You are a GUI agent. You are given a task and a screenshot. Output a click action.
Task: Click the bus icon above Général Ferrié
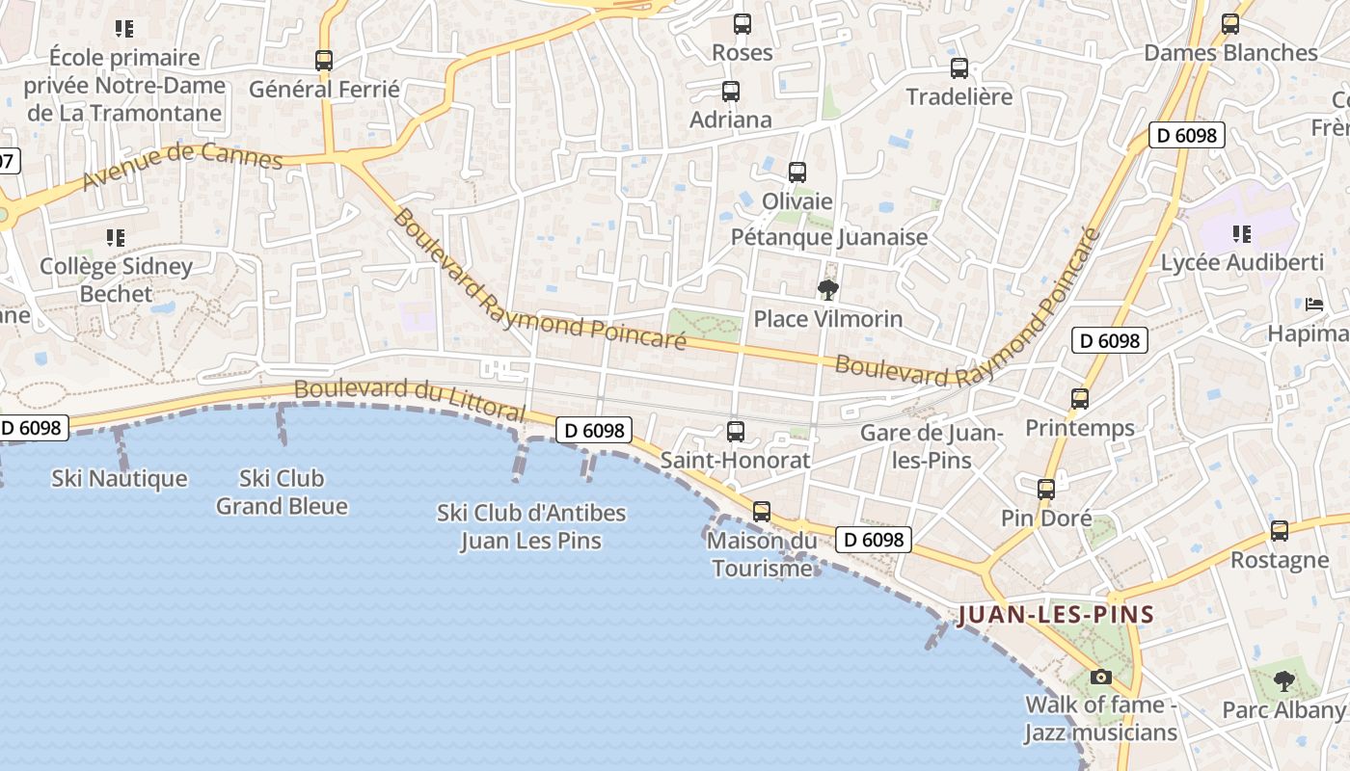pos(324,61)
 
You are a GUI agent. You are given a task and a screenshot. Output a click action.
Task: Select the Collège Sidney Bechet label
pos(116,279)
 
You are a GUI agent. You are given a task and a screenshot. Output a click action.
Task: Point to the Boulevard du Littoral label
pos(410,401)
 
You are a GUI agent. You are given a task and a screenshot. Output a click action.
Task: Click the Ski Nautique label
pos(120,478)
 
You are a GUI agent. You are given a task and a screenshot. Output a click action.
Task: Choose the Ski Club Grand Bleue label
pos(282,492)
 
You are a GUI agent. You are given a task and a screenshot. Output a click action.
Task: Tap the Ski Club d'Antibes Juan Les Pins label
pos(531,526)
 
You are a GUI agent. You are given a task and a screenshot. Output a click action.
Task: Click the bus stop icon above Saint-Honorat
pos(736,431)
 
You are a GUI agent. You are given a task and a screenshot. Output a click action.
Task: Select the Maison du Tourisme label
pos(762,554)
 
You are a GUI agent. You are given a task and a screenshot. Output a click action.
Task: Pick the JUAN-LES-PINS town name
pos(1056,615)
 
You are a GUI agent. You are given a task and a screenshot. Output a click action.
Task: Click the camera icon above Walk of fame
pos(1100,677)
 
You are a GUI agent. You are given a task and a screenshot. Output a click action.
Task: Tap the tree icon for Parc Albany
pos(1283,681)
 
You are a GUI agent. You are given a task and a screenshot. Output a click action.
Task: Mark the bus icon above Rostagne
pos(1280,530)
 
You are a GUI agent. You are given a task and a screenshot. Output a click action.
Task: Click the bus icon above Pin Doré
pos(1046,490)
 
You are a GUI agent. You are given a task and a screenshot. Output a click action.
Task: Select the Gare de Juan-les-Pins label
pos(931,446)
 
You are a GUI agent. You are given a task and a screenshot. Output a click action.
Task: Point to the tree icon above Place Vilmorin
pos(827,289)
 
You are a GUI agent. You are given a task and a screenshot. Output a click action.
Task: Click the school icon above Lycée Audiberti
pos(1242,233)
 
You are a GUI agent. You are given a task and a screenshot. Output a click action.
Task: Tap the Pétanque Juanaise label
pos(829,237)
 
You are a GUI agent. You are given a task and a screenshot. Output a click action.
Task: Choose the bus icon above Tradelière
pos(958,68)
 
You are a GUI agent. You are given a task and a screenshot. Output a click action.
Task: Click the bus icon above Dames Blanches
pos(1230,24)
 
